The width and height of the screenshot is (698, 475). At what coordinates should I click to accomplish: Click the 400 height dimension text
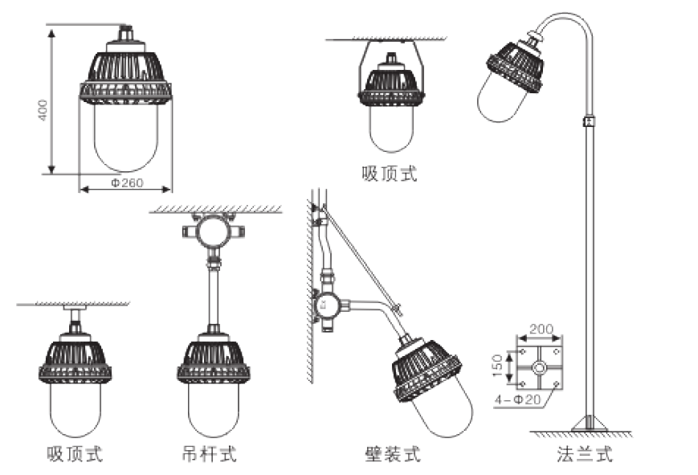coord(43,110)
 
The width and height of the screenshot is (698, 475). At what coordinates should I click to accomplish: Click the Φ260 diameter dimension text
coord(126,184)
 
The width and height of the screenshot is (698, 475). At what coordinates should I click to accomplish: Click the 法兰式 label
coord(584,454)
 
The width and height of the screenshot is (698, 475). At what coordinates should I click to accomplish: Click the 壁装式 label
coord(392,454)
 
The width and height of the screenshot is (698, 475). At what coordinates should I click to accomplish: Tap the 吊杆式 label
coord(210,454)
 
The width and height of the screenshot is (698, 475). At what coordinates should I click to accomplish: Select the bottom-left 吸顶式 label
coord(75,454)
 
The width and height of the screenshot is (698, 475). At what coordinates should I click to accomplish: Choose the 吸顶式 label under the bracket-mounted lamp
coord(390,173)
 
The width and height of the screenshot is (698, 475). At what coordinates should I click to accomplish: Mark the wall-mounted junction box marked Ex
coord(327,305)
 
